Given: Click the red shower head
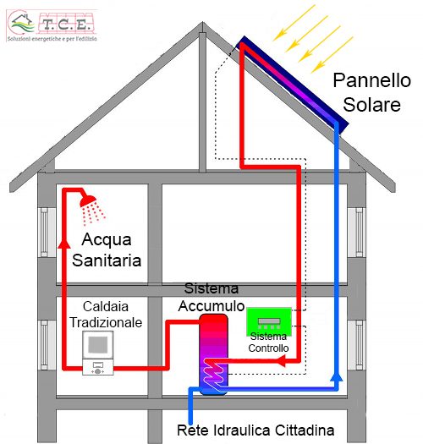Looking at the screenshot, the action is pyautogui.click(x=88, y=200).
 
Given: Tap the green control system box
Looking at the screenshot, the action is pyautogui.click(x=269, y=321).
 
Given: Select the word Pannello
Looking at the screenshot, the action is pyautogui.click(x=371, y=80).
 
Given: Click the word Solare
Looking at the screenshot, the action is pyautogui.click(x=371, y=105).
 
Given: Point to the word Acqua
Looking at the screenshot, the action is pyautogui.click(x=107, y=240).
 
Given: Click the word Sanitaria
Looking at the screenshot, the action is pyautogui.click(x=107, y=260).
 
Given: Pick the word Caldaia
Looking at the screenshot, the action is pyautogui.click(x=106, y=307).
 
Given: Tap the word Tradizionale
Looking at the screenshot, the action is pyautogui.click(x=106, y=322).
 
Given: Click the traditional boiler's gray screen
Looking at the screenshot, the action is pyautogui.click(x=98, y=344).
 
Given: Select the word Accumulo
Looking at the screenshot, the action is pyautogui.click(x=211, y=306).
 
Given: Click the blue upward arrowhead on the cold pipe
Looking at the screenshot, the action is pyautogui.click(x=337, y=377).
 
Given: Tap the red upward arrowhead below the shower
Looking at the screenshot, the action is pyautogui.click(x=64, y=244).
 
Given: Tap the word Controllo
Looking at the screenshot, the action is pyautogui.click(x=268, y=348).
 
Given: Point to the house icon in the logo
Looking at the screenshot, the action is pyautogui.click(x=22, y=24).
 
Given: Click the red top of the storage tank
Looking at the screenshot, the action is pyautogui.click(x=213, y=321).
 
